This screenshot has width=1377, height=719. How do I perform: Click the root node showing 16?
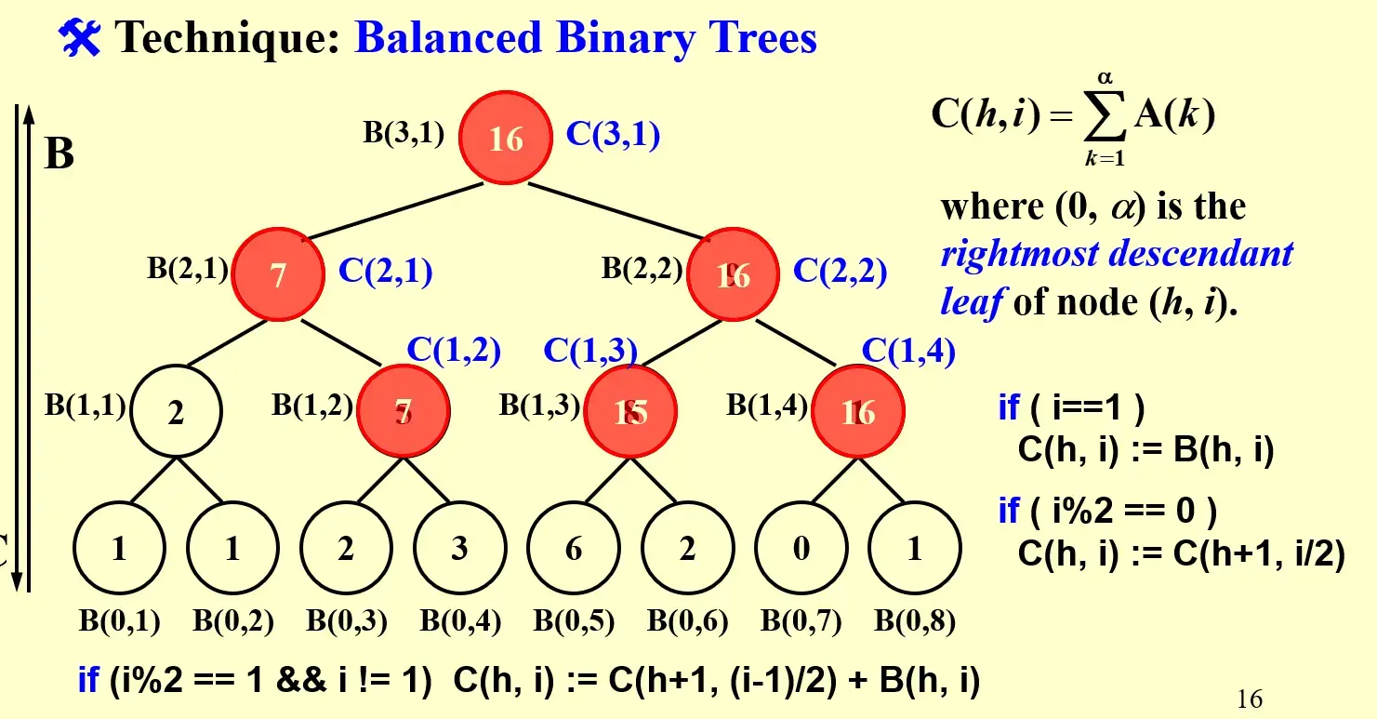[507, 138]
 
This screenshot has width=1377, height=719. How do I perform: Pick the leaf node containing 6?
[574, 549]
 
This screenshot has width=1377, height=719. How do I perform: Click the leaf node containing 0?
[801, 549]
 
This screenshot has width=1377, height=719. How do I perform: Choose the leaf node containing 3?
[459, 549]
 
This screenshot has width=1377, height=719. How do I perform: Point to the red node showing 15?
[631, 412]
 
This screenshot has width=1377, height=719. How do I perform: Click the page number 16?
[1250, 699]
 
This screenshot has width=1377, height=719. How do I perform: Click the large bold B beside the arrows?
[60, 153]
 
